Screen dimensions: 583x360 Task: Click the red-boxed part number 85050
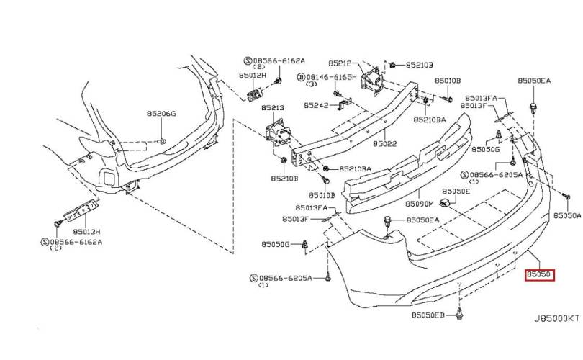point(539,275)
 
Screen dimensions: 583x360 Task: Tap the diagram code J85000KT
point(556,318)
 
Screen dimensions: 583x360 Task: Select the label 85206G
point(161,114)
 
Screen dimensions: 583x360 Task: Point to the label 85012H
point(253,75)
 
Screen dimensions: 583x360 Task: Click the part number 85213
point(273,108)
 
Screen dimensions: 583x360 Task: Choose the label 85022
point(385,143)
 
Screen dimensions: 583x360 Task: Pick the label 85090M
point(420,204)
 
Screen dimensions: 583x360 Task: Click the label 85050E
point(456,191)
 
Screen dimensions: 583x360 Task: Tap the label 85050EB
point(428,315)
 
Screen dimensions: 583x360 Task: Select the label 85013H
point(86,231)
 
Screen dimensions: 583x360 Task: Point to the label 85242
point(316,105)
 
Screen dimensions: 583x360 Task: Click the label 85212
point(340,63)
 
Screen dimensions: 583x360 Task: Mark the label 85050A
point(567,215)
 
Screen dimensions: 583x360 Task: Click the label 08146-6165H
point(331,77)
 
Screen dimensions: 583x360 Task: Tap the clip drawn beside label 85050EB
point(460,314)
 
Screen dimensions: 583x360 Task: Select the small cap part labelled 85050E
point(445,203)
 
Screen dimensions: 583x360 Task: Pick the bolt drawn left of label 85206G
point(162,141)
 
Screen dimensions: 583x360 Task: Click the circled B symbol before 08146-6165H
point(301,77)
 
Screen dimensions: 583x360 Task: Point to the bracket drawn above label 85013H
point(81,210)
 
